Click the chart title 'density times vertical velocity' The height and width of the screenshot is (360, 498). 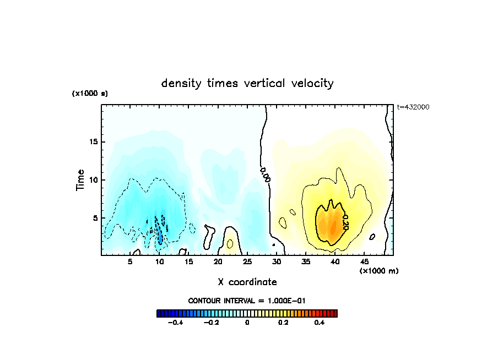(x=247, y=84)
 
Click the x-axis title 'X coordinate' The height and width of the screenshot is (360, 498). (x=247, y=282)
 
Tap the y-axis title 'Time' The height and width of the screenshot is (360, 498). (x=80, y=179)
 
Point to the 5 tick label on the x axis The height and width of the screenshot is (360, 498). (x=131, y=261)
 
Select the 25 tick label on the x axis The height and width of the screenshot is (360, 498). (x=247, y=261)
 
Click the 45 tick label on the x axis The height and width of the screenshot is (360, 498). (x=364, y=261)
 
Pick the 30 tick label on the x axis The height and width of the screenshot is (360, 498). (x=277, y=261)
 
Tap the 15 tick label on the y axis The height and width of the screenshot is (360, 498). (x=94, y=142)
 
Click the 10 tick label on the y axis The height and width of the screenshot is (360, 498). (x=94, y=180)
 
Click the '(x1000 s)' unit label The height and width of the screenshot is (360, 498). (x=90, y=94)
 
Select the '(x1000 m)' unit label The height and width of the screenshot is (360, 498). (x=379, y=271)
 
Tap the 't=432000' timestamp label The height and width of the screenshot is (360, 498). (x=413, y=107)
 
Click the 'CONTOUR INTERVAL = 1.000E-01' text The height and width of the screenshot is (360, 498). (x=247, y=301)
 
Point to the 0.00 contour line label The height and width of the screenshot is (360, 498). (x=265, y=174)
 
